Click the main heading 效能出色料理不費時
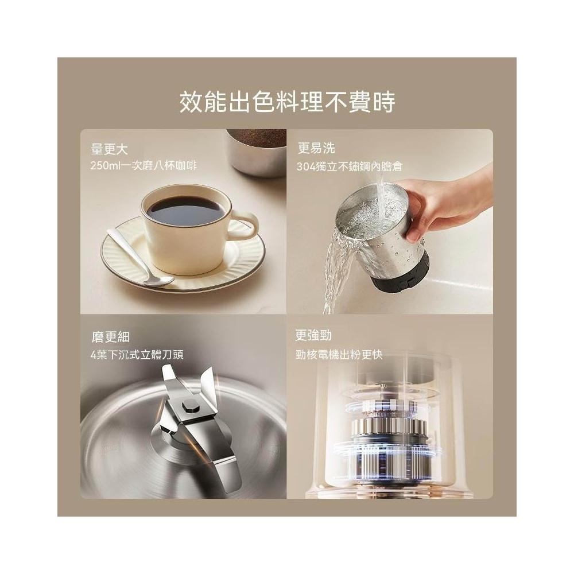[287, 102]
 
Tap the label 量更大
[108, 149]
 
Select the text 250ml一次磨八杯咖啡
[143, 165]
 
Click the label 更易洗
[316, 148]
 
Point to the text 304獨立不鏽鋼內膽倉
[350, 166]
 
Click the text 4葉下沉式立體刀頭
[137, 355]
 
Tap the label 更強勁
[313, 335]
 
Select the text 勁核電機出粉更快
[339, 355]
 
